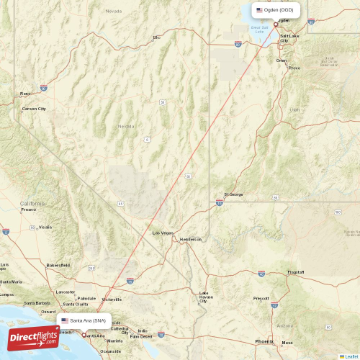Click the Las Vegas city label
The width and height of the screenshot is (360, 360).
(163, 233)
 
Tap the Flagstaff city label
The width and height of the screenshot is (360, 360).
(295, 272)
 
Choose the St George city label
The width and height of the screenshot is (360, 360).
(234, 194)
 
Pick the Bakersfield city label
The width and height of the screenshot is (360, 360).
(58, 265)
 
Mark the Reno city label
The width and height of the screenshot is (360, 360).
(25, 93)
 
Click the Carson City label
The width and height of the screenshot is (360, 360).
(34, 109)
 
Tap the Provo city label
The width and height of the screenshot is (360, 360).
(294, 68)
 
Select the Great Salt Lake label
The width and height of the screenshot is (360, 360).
(258, 30)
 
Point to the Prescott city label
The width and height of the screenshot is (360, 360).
(261, 298)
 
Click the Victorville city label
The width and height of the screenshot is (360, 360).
(111, 299)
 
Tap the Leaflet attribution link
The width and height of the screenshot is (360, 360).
(349, 356)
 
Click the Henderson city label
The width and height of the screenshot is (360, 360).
(191, 239)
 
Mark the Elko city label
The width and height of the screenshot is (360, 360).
(156, 37)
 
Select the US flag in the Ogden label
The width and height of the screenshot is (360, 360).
(259, 10)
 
